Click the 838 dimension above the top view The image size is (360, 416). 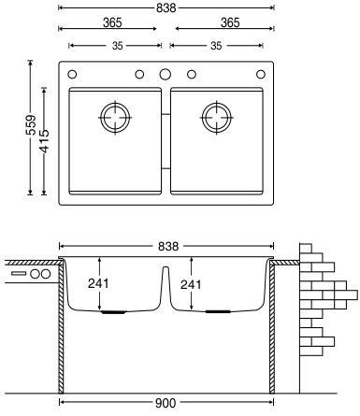(x=166, y=7)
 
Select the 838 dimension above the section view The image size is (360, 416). (x=168, y=246)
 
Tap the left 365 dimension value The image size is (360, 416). (x=112, y=22)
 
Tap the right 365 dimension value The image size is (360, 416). (x=230, y=22)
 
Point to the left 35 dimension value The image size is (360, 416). (x=117, y=46)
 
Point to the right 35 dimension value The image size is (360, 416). (x=216, y=46)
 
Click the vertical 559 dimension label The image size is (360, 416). (x=31, y=125)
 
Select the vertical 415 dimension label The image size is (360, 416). (x=45, y=141)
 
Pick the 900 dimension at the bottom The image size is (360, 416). (x=166, y=403)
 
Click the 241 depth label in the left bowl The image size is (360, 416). (x=98, y=283)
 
